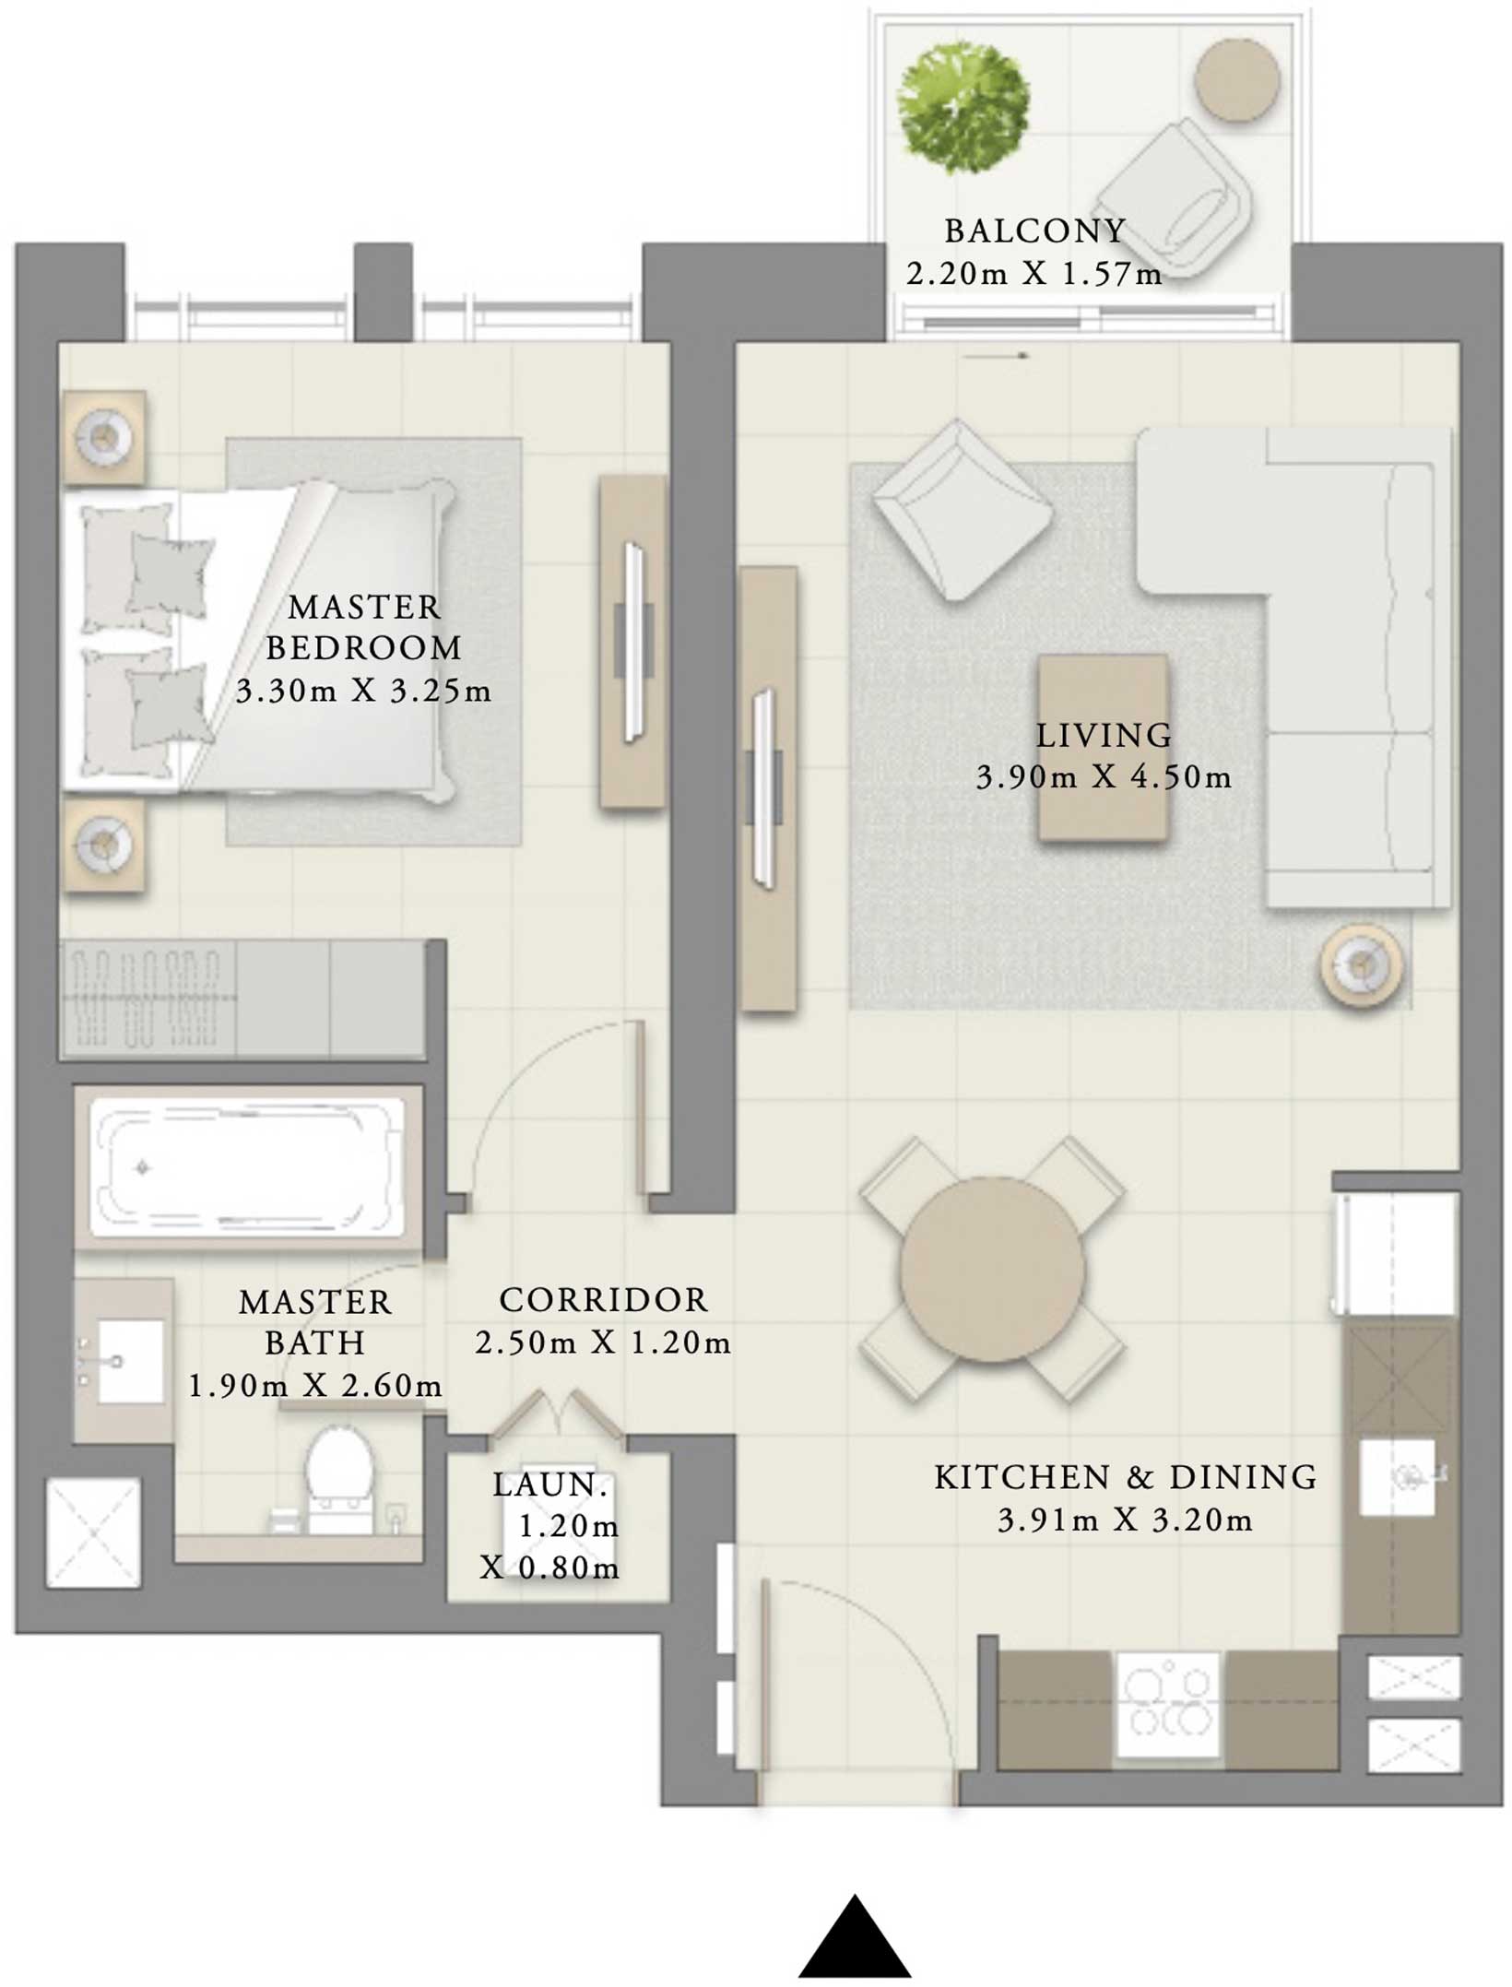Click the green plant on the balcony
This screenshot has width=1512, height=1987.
click(x=964, y=108)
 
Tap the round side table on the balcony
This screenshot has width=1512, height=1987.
click(x=1236, y=79)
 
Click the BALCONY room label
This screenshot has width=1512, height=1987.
click(x=1034, y=231)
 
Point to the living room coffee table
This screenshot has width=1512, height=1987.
click(x=1104, y=748)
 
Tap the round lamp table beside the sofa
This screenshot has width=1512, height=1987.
click(x=1361, y=965)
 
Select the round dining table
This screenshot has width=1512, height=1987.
click(x=992, y=1270)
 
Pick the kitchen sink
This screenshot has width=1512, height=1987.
click(x=1398, y=1476)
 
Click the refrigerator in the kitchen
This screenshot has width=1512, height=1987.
click(x=1394, y=1254)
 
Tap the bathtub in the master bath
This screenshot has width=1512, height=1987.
click(x=246, y=1167)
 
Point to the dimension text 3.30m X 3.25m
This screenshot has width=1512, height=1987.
click(x=364, y=691)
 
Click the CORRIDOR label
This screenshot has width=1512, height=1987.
click(x=604, y=1300)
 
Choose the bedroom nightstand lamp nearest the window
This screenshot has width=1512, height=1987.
click(x=104, y=437)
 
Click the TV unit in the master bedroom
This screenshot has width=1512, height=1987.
click(x=632, y=642)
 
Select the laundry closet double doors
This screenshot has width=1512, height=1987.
click(x=557, y=1413)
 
